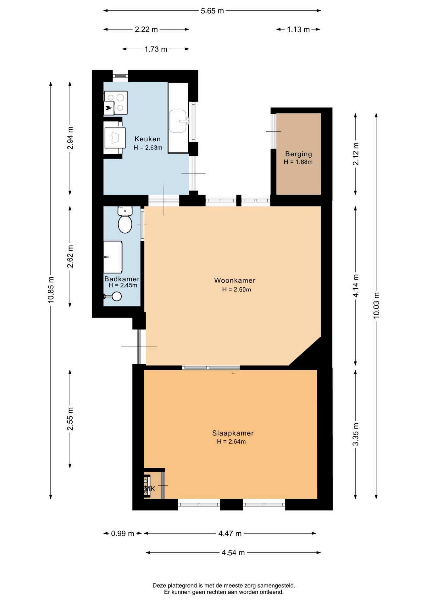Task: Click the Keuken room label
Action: pos(147,139)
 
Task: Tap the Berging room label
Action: pos(298,154)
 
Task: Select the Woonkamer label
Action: pos(235,280)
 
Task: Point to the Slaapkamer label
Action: pos(233,433)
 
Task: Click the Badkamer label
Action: pos(122,279)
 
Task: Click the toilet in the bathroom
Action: pos(125,220)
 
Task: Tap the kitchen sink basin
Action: pos(178,121)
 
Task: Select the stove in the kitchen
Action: pos(116,103)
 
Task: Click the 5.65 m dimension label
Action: pos(212,11)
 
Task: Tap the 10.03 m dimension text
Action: pos(376,305)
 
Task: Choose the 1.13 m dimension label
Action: pos(298,30)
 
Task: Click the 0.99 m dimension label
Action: pos(123,534)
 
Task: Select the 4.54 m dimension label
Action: pos(233,553)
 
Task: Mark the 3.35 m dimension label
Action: pos(356,434)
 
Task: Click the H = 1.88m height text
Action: pos(298,162)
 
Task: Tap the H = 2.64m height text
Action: pos(231,442)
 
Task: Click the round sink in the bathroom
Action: pos(117,296)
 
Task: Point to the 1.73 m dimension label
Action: pos(156,49)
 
